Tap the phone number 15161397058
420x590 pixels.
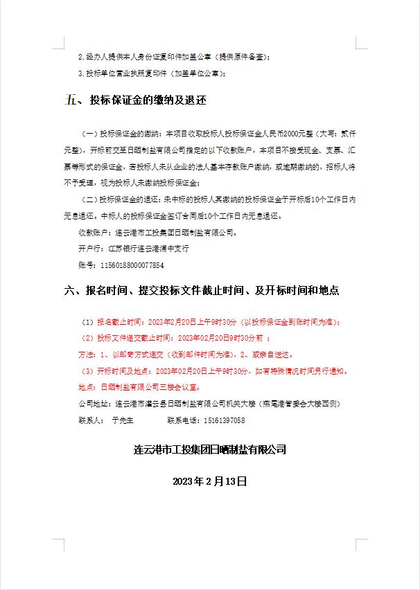222,420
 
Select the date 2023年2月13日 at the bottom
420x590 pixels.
210,481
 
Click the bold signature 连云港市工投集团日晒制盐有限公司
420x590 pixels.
210,450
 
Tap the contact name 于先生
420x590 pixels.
121,420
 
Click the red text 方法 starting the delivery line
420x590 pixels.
85,355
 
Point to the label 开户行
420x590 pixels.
89,249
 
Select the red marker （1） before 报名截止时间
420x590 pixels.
87,322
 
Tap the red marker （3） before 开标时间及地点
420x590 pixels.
87,371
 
